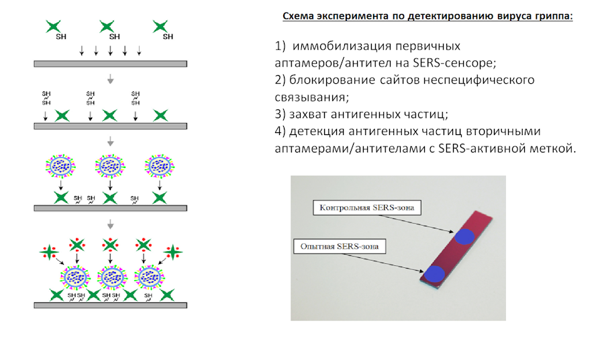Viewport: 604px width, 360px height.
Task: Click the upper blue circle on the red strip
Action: point(464,236)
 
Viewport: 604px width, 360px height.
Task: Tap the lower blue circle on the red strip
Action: point(435,273)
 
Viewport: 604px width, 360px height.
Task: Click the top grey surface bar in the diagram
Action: point(110,64)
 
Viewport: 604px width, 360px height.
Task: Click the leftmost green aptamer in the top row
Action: point(53,27)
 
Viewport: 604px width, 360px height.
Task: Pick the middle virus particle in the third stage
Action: point(110,166)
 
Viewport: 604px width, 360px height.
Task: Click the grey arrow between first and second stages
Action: point(110,80)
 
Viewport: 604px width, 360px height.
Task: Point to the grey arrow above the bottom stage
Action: point(110,224)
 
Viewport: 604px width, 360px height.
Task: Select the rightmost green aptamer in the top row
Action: point(159,27)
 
